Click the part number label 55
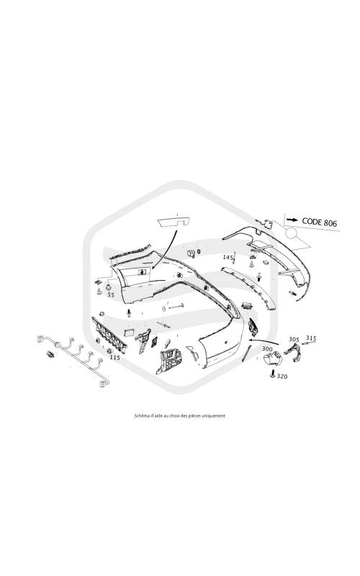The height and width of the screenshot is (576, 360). click(111, 294)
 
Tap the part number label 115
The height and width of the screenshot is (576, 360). click(115, 357)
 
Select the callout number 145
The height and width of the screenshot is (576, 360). click(228, 257)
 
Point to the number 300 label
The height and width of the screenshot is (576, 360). click(267, 348)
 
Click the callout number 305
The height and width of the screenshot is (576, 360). click(294, 339)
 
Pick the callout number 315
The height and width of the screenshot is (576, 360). click(311, 338)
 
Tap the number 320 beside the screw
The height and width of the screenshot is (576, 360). click(282, 376)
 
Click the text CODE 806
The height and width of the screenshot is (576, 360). click(319, 222)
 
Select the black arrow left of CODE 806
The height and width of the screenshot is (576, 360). click(292, 220)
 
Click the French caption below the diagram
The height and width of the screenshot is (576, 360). click(179, 416)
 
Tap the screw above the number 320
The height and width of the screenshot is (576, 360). click(272, 374)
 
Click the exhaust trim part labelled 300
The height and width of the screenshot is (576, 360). click(272, 359)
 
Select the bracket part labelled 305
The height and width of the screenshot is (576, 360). click(294, 351)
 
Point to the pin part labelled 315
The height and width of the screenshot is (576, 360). click(310, 343)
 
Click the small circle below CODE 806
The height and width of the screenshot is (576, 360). click(292, 233)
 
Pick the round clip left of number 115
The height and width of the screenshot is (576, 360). click(109, 351)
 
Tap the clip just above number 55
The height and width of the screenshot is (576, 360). click(109, 287)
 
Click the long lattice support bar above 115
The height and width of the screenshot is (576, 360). click(109, 335)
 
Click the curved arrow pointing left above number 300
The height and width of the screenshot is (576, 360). click(264, 341)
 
